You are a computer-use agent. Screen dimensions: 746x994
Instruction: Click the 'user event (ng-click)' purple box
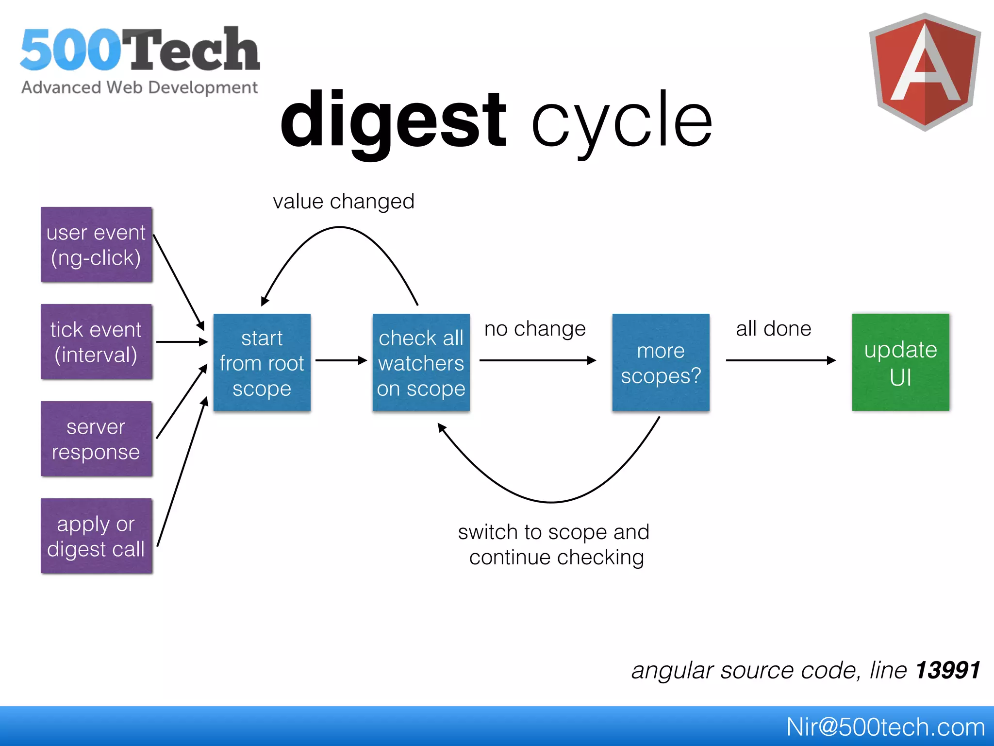coord(96,244)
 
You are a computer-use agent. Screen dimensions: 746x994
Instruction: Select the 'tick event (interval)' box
coord(96,341)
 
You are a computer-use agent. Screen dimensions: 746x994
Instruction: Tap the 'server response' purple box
coord(96,439)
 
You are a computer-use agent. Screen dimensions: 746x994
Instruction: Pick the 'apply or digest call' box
coord(96,536)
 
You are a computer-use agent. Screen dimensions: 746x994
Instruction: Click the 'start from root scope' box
coord(262,362)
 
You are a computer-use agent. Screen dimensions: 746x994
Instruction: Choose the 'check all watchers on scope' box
coord(421,362)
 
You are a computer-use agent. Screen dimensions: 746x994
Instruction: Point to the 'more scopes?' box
coord(661,362)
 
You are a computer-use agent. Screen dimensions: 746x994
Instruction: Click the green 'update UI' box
coord(900,362)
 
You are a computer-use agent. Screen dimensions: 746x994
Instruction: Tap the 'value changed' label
coord(343,202)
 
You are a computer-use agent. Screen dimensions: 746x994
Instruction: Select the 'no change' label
coord(535,329)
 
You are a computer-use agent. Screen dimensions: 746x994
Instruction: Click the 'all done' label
coord(773,329)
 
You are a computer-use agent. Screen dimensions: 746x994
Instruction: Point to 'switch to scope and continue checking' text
coord(554,544)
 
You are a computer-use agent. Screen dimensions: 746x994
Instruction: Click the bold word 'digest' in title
coord(393,121)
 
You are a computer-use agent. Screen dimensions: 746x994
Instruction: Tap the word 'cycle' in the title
coord(621,121)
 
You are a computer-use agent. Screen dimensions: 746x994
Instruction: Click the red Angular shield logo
coord(925,72)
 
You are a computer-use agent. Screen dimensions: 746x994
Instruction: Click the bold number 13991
coord(948,670)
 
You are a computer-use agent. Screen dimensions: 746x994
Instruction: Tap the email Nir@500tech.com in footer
coord(885,727)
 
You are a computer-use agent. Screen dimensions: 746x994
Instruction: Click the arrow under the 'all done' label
coord(780,360)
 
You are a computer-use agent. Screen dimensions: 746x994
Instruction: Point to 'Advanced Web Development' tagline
coord(139,88)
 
